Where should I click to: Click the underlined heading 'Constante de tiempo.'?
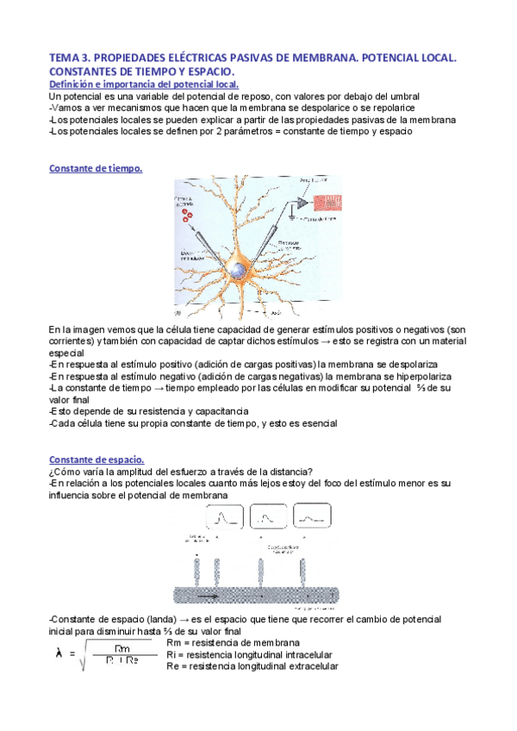(96, 169)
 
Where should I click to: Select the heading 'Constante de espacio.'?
(97, 459)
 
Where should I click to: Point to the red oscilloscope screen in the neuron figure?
(327, 198)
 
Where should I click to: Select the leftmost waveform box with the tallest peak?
(225, 518)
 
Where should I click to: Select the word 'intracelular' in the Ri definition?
(305, 655)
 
